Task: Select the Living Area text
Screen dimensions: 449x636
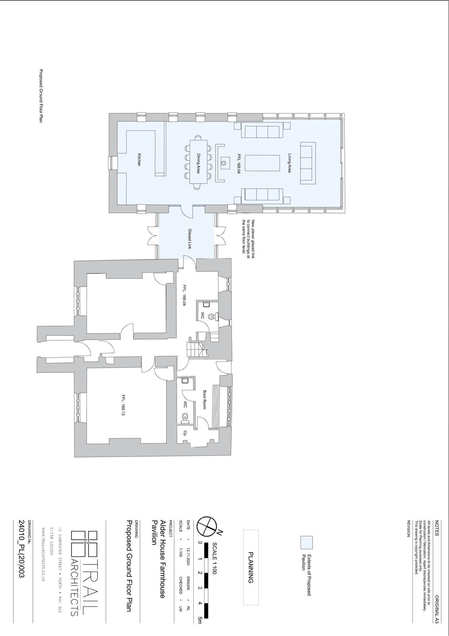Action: (x=289, y=163)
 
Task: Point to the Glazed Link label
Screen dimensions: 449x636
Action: (x=190, y=239)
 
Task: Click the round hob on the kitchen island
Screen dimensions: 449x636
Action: (x=224, y=163)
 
